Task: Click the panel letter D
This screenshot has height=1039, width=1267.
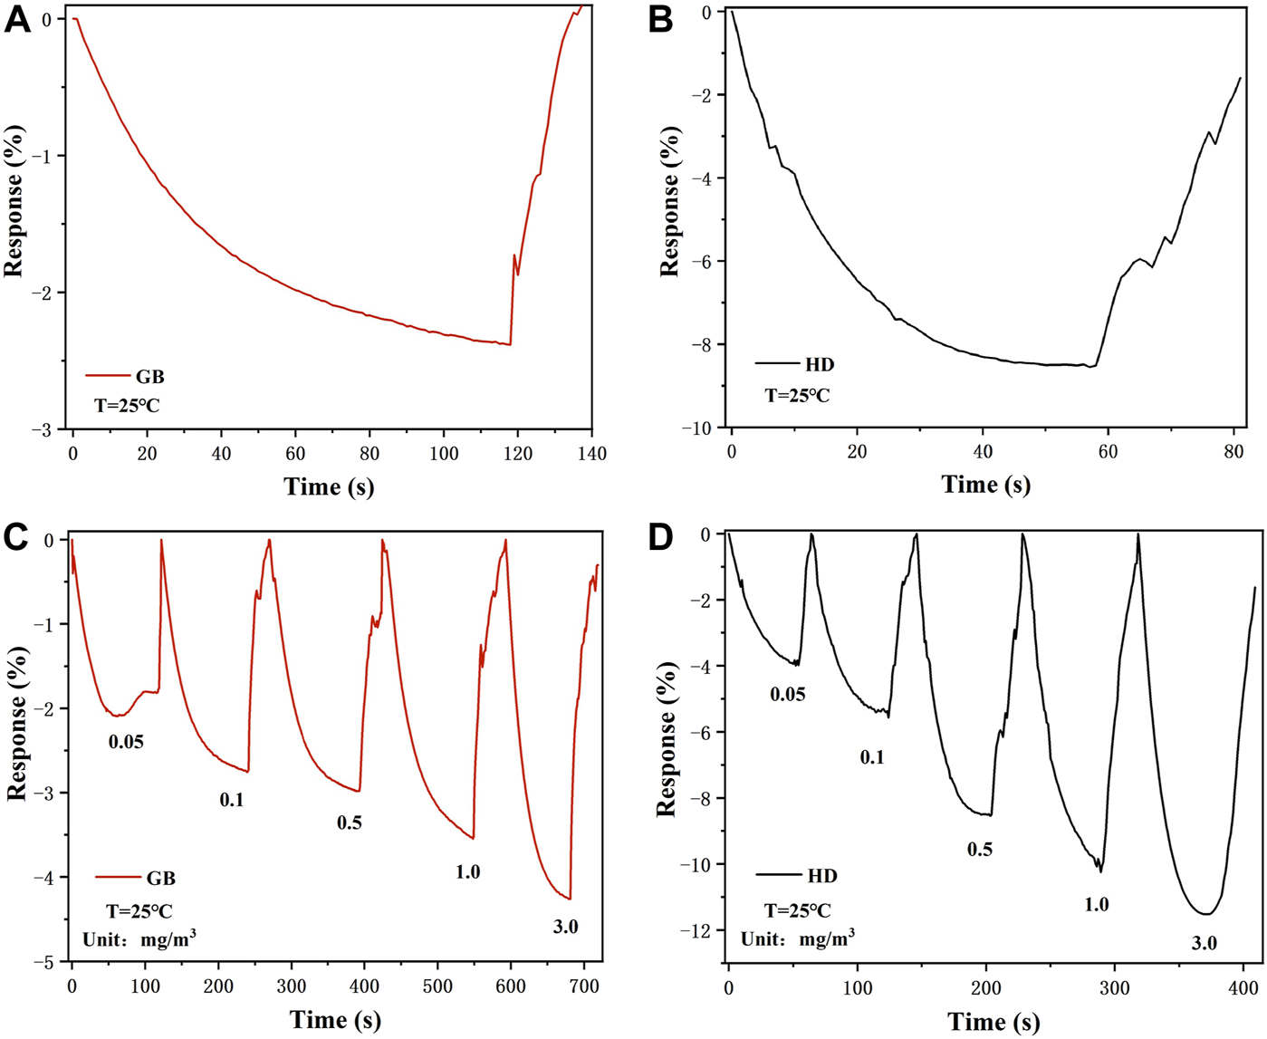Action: [x=661, y=537]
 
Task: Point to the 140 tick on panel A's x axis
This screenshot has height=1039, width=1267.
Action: [x=591, y=453]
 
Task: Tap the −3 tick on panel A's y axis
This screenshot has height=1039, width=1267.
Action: [x=42, y=429]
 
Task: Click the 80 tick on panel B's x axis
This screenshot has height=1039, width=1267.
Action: [x=1233, y=451]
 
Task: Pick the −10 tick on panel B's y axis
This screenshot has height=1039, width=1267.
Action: [x=702, y=428]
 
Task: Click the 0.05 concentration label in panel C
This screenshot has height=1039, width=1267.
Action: [x=126, y=742]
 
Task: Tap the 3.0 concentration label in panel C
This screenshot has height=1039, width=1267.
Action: [x=565, y=926]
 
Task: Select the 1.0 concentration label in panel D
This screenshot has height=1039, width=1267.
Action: [x=1096, y=904]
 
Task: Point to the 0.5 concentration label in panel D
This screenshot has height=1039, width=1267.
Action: [x=980, y=849]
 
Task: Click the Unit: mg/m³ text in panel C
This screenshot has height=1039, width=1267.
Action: [x=139, y=939]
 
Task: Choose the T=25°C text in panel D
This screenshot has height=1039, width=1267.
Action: [x=797, y=910]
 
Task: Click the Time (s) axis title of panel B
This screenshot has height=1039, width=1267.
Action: [x=985, y=485]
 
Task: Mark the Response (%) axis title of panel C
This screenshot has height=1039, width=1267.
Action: [x=16, y=723]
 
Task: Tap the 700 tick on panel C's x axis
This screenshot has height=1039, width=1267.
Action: [x=583, y=986]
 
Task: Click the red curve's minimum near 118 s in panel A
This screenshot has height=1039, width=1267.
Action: [x=510, y=344]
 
